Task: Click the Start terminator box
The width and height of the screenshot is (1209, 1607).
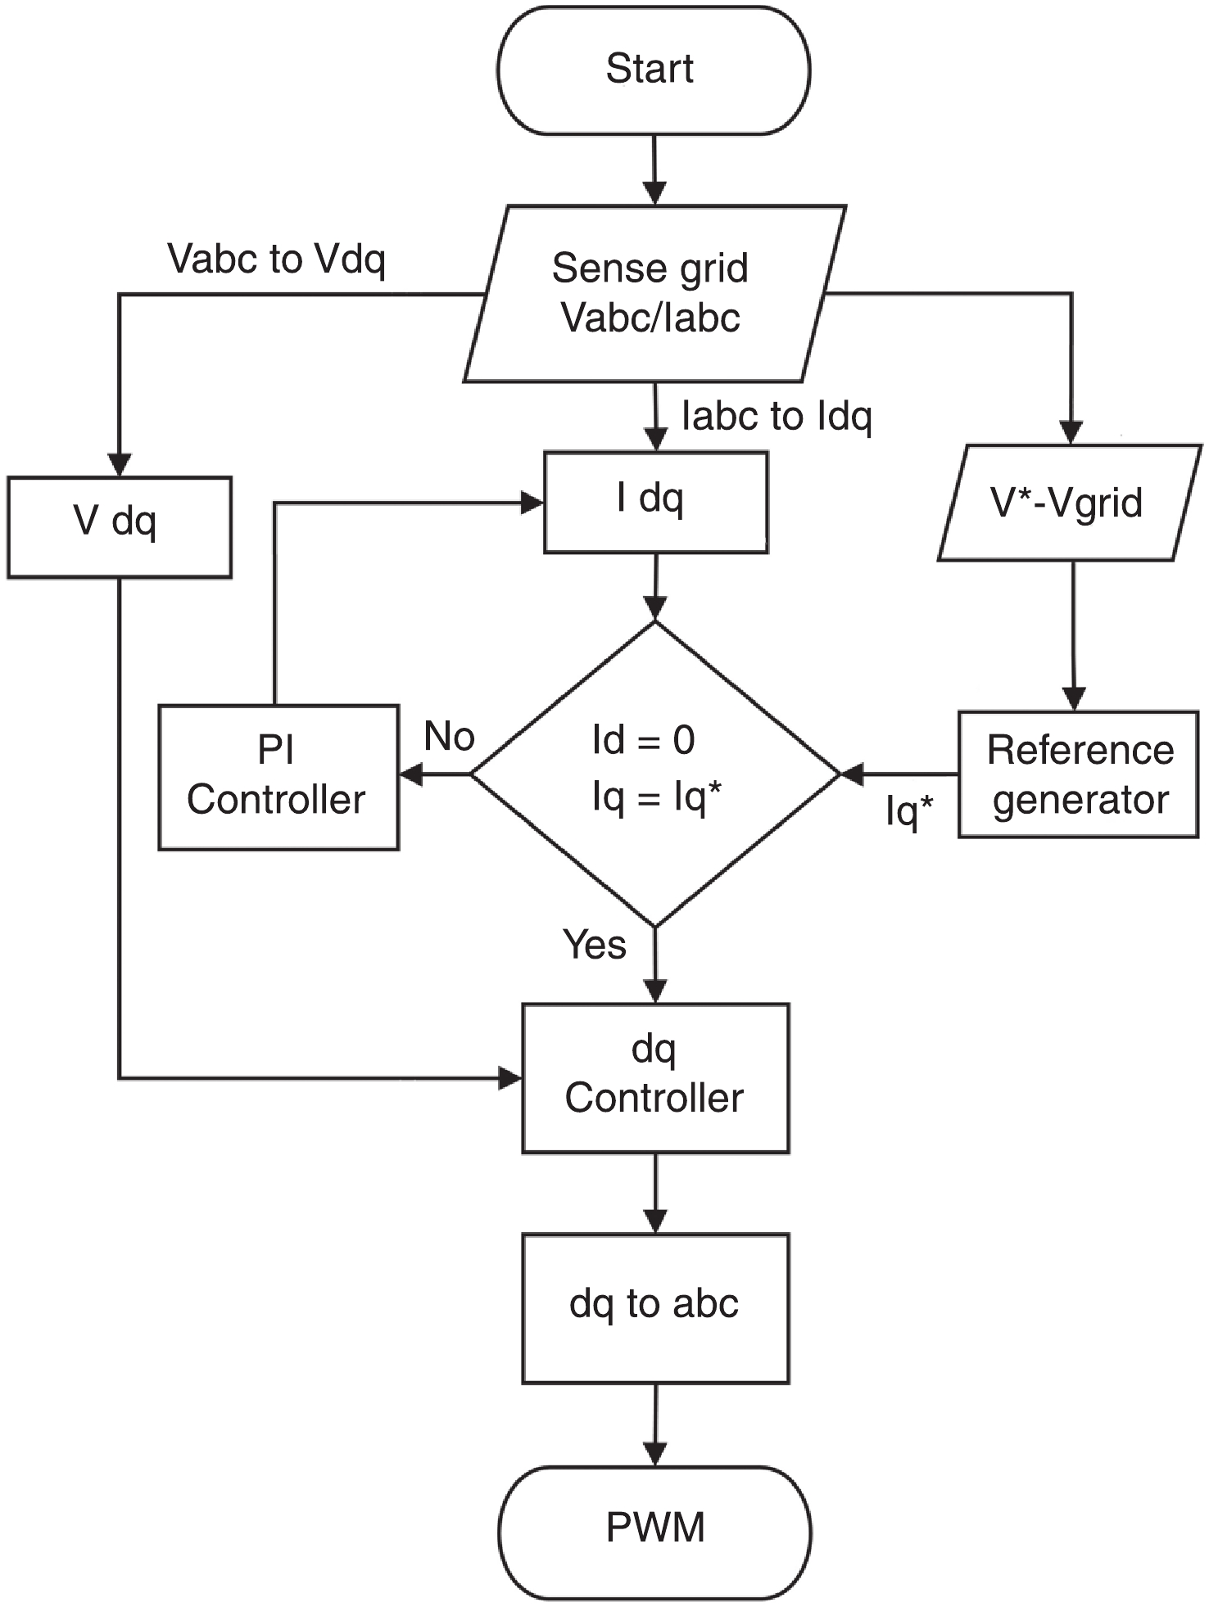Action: (653, 70)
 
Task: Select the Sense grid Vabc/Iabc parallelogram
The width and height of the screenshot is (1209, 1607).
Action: (653, 293)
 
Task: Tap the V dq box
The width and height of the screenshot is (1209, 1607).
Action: (120, 527)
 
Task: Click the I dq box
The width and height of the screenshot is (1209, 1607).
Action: (655, 502)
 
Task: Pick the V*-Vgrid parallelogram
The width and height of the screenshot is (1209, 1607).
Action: (1069, 503)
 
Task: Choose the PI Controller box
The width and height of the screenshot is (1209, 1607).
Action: (278, 777)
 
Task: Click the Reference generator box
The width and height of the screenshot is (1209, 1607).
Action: (1078, 774)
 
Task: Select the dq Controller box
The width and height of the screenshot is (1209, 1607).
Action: (655, 1077)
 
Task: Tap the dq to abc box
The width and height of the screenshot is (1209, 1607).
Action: (655, 1307)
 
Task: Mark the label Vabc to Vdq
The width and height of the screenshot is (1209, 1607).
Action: (276, 259)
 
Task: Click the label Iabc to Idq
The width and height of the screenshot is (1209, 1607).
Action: (777, 416)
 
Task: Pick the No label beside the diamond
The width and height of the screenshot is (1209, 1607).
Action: (449, 737)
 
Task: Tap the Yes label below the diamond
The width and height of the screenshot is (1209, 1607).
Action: (595, 944)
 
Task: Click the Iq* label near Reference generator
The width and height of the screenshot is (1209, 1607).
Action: (908, 810)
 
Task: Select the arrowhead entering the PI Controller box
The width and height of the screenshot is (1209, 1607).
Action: (410, 774)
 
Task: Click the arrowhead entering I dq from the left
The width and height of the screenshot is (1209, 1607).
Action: (532, 503)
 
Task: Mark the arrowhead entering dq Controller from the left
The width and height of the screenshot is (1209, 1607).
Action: (510, 1077)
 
